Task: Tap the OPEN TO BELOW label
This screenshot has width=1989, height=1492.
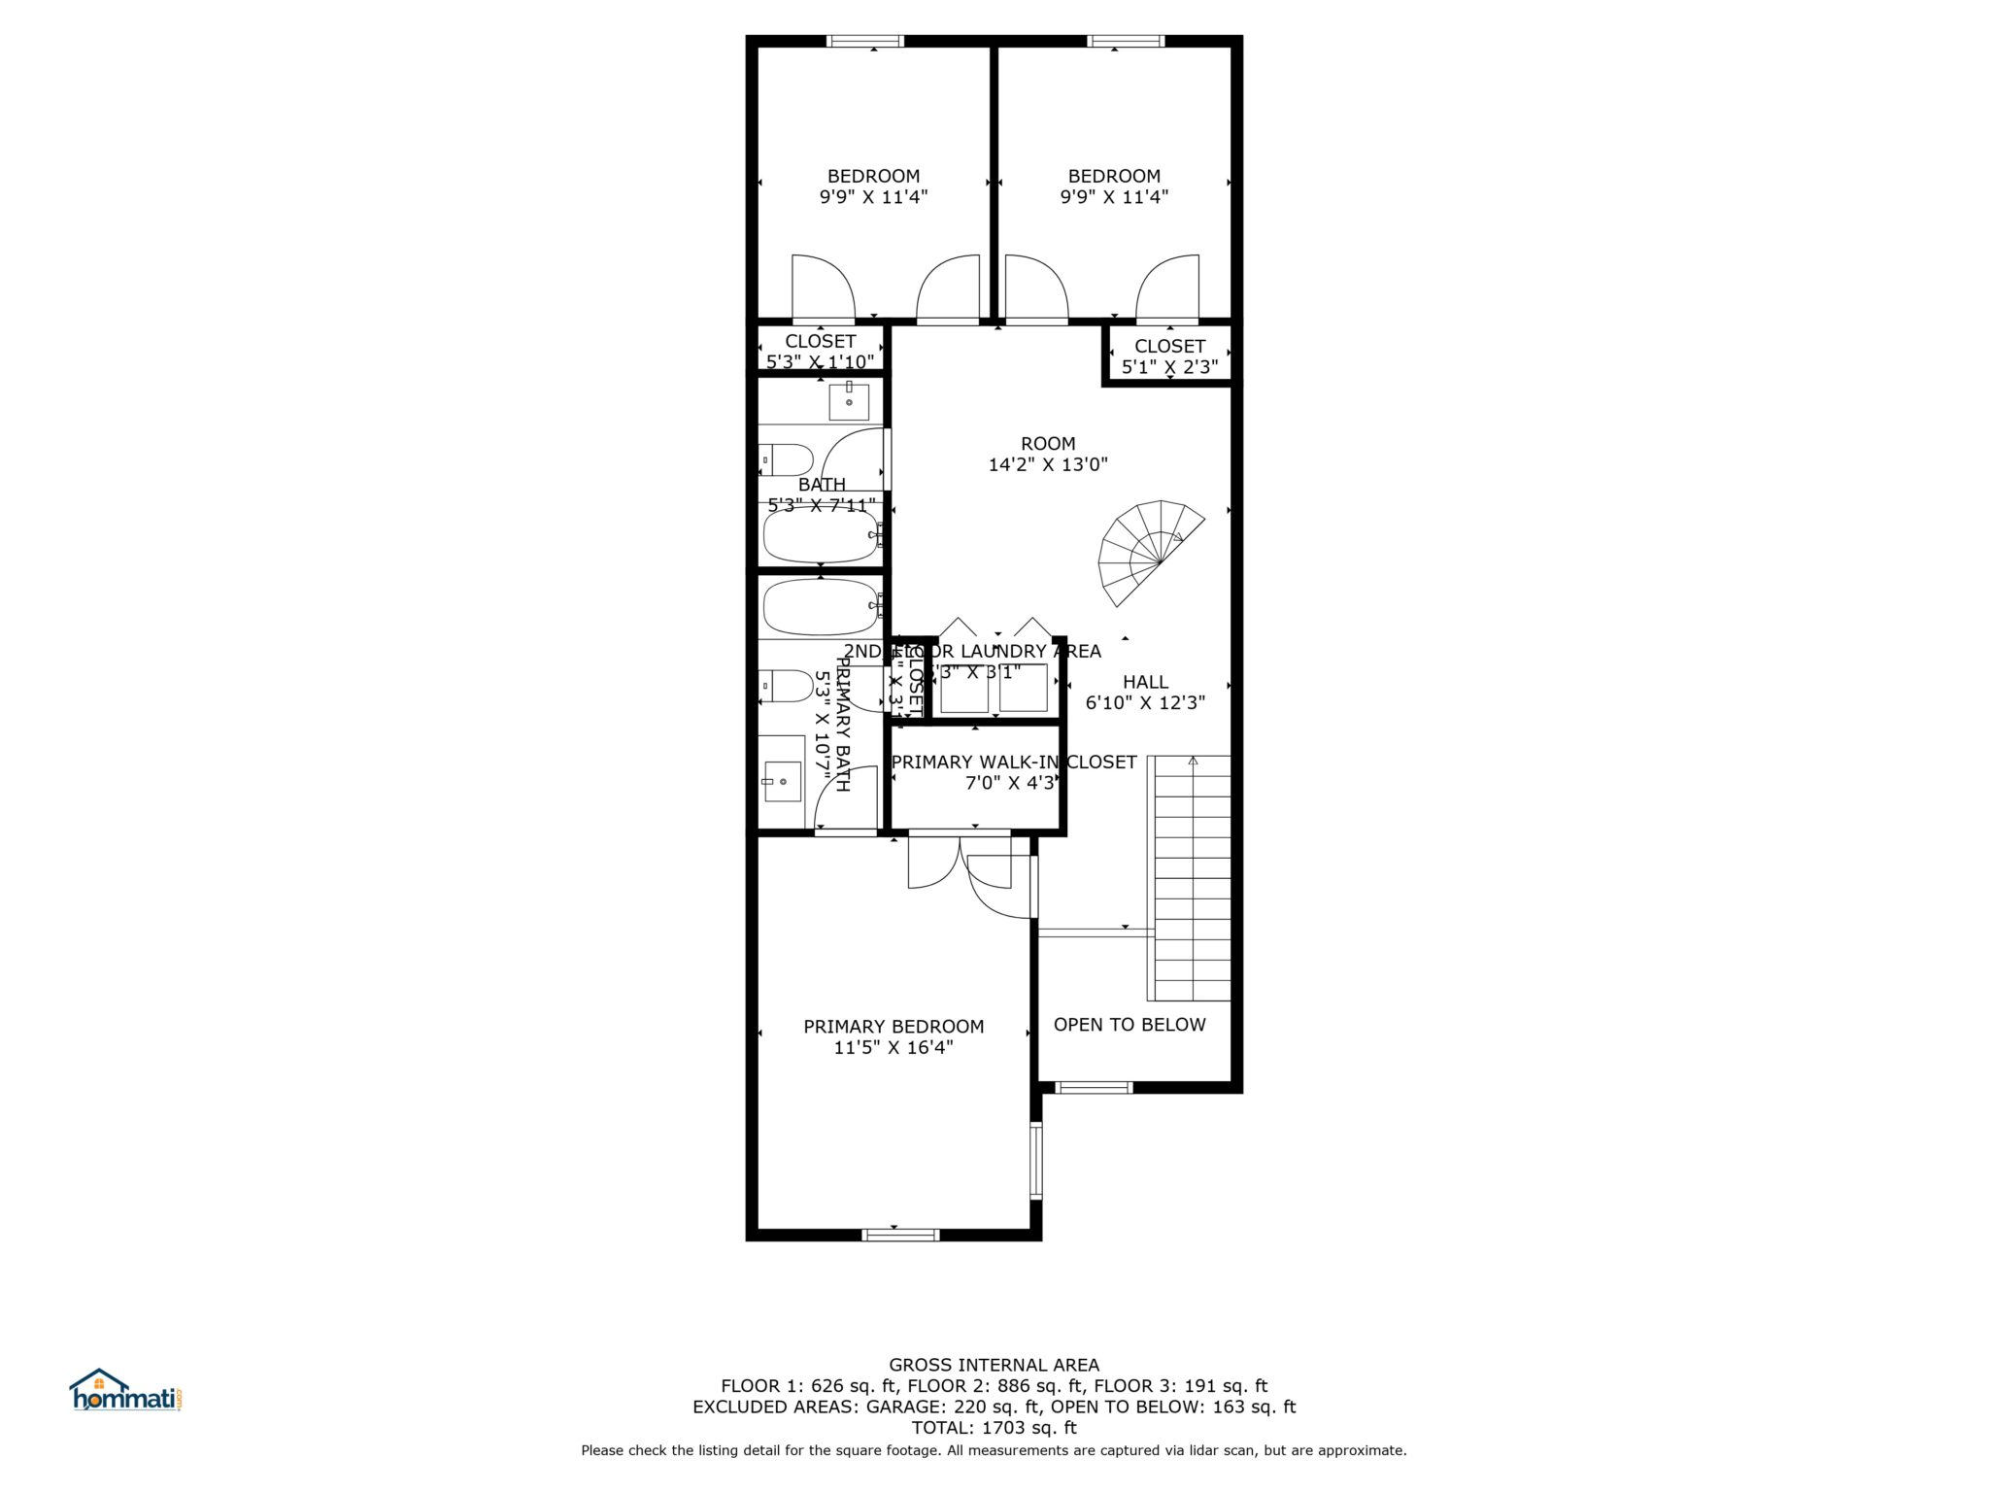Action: click(x=1129, y=1025)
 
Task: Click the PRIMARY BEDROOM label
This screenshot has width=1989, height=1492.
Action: click(x=893, y=1027)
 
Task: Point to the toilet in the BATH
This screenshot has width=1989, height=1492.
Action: click(x=787, y=458)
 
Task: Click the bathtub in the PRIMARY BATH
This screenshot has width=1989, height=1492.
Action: click(x=821, y=607)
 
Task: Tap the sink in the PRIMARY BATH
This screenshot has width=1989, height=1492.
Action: click(x=782, y=780)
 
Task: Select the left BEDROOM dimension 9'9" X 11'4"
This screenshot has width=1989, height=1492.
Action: click(x=873, y=197)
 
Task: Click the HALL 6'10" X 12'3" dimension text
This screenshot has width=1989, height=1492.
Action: click(x=1145, y=702)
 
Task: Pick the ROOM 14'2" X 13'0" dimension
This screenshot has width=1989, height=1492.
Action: click(x=1048, y=464)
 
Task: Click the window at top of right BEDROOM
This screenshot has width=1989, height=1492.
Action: click(x=1125, y=41)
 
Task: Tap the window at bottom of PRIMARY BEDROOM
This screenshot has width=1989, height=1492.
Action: click(x=900, y=1235)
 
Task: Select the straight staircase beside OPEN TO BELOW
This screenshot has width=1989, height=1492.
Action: click(x=1190, y=878)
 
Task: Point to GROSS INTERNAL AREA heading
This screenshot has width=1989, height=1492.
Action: click(x=994, y=1365)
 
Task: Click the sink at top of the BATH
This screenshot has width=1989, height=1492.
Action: click(x=848, y=400)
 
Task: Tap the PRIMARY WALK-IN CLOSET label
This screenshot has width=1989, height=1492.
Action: click(x=1013, y=763)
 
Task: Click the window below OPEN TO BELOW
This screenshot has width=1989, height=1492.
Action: click(x=1094, y=1087)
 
